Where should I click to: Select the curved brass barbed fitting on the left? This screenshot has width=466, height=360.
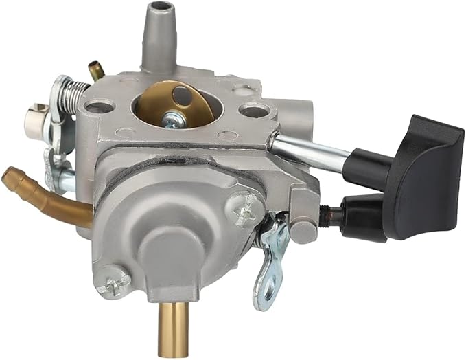pyautogui.click(x=41, y=194)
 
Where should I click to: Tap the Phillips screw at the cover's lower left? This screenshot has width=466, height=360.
pyautogui.click(x=113, y=280)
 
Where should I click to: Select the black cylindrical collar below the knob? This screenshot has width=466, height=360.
pyautogui.click(x=363, y=168)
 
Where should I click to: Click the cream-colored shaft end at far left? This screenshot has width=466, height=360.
pyautogui.click(x=34, y=121)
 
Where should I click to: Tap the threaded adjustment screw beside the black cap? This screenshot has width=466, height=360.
pyautogui.click(x=331, y=211)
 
